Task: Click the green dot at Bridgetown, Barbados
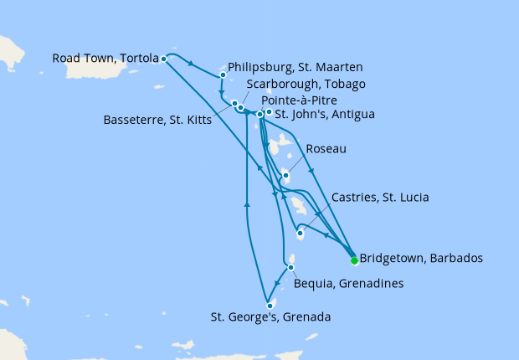click(354, 260)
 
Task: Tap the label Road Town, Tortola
click(105, 59)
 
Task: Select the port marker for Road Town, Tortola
click(164, 59)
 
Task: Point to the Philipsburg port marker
click(223, 75)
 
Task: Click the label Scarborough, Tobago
click(306, 84)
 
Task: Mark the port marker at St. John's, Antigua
click(269, 112)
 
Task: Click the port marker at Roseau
click(285, 176)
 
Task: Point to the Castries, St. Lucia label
click(380, 198)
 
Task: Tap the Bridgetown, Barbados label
click(420, 259)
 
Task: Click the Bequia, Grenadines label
click(349, 284)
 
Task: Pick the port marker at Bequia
click(290, 268)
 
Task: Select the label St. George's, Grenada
click(270, 317)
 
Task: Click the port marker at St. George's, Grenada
click(270, 305)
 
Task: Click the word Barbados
click(455, 259)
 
